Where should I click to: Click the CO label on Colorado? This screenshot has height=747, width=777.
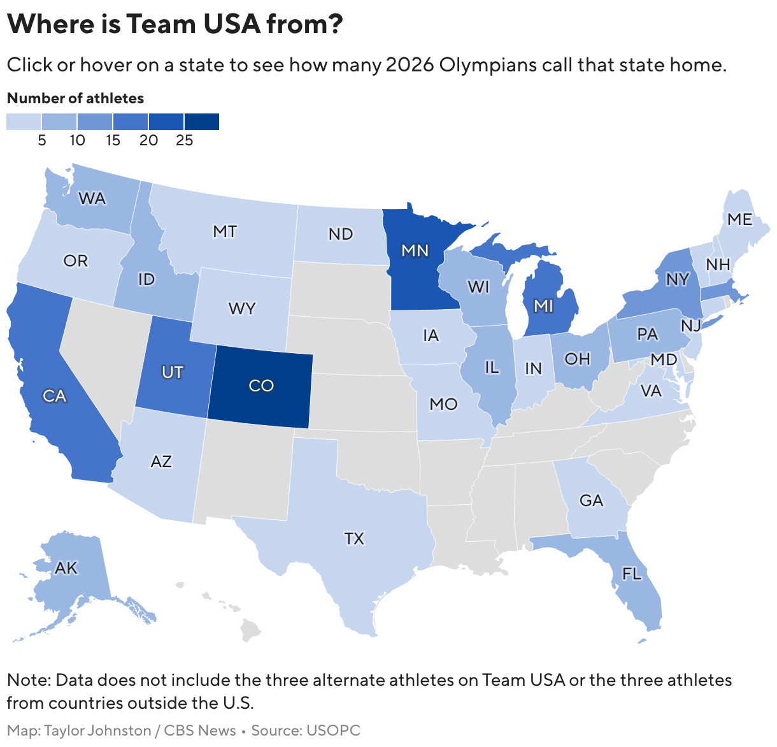coord(261,386)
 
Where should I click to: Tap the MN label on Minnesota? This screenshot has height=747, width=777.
coord(415,250)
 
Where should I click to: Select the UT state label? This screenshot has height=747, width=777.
coord(173,372)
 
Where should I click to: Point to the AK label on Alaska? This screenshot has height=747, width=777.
coord(66,567)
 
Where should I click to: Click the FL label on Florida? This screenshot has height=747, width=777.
coord(631,574)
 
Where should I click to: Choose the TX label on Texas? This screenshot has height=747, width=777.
coord(354,539)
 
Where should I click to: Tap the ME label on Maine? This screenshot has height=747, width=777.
coord(739,219)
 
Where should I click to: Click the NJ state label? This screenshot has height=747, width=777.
coord(690,326)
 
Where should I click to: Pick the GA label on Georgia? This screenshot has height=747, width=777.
coord(591,500)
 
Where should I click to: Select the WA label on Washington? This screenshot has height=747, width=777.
coord(92,198)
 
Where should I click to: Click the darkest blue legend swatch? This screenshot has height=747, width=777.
coord(202,122)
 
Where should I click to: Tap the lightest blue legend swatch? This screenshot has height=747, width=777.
coord(24,122)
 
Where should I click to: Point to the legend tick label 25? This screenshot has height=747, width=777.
coord(184,140)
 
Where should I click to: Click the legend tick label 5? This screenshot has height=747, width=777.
coord(42,140)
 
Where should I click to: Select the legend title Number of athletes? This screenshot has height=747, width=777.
coord(75,98)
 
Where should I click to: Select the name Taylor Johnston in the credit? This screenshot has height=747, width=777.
coord(97,730)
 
